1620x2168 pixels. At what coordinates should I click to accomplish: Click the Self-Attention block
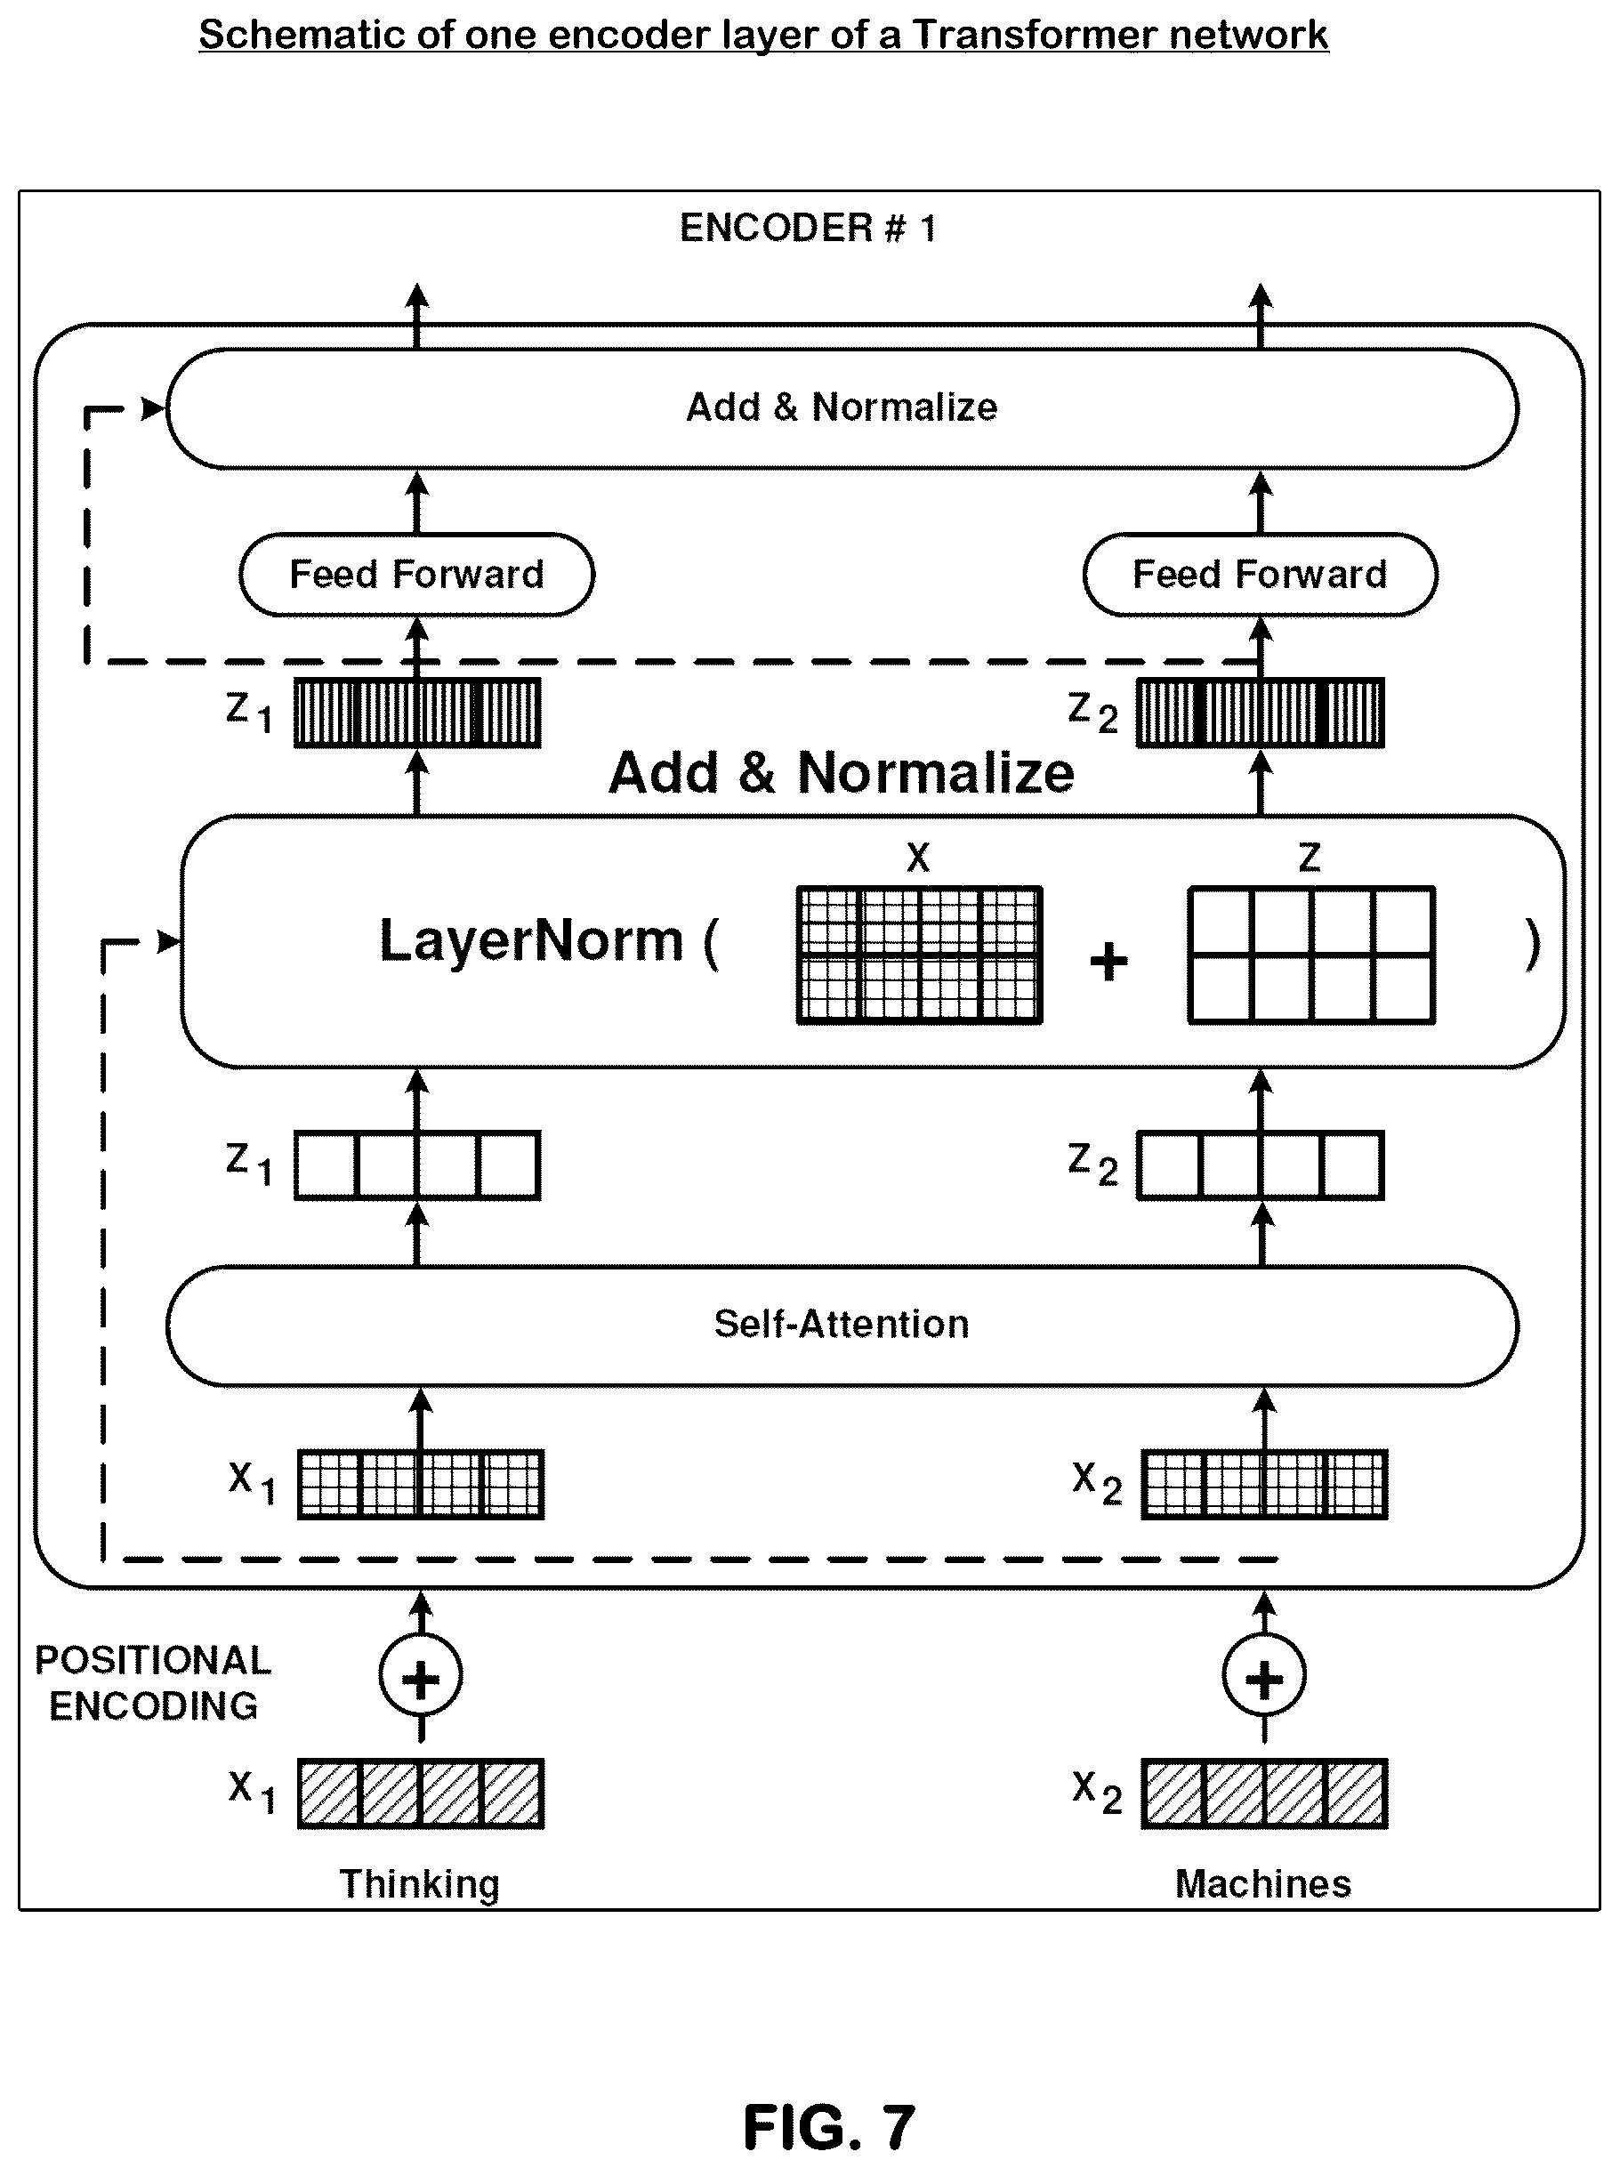point(842,1326)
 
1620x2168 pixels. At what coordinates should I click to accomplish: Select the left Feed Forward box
point(416,575)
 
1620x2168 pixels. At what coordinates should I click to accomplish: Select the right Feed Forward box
point(1261,575)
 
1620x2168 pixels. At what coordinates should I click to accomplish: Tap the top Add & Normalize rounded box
point(842,407)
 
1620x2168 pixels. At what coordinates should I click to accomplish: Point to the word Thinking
point(419,1884)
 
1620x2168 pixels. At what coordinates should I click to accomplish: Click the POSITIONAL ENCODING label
point(153,1683)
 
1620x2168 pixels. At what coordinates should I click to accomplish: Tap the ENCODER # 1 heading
point(809,228)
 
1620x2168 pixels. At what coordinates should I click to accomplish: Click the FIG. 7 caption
point(829,2127)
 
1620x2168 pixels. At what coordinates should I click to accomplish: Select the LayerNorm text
point(530,940)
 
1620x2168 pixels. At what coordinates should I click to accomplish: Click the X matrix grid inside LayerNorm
point(919,955)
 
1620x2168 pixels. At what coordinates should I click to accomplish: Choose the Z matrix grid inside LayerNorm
point(1311,955)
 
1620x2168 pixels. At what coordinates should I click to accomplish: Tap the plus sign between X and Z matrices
point(1109,961)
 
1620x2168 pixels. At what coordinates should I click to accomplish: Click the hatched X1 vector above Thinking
point(421,1793)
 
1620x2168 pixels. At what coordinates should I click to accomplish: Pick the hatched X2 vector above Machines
point(1264,1793)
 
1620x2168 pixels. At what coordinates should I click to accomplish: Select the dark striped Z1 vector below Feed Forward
point(417,713)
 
